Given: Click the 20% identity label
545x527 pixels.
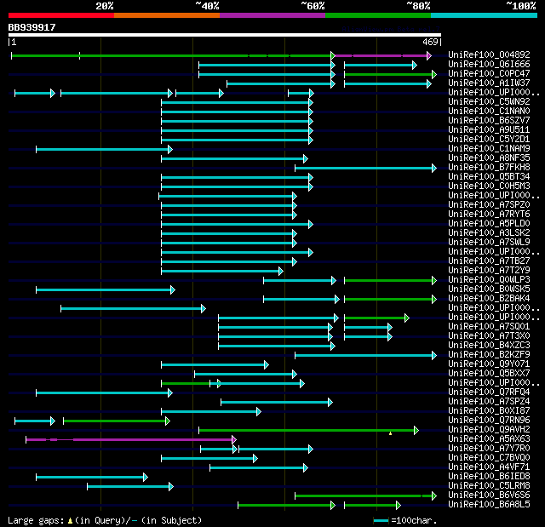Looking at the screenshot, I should click(x=104, y=5).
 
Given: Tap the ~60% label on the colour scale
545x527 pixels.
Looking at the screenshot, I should click(x=313, y=5).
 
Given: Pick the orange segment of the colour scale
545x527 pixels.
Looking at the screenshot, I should click(x=166, y=15).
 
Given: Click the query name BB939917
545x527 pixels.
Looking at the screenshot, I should click(x=32, y=27).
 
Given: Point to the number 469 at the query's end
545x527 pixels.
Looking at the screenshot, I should click(x=429, y=42).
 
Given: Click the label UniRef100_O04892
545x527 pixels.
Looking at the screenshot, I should click(x=488, y=55).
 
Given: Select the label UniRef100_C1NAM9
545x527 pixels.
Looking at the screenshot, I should click(x=488, y=149).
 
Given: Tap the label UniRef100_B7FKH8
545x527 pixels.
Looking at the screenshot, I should click(x=488, y=168).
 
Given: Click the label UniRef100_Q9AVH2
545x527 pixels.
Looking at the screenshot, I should click(x=488, y=430).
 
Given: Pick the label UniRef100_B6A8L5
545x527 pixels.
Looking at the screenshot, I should click(x=488, y=505).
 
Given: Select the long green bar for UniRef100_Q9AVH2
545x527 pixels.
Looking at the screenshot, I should click(x=307, y=430).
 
